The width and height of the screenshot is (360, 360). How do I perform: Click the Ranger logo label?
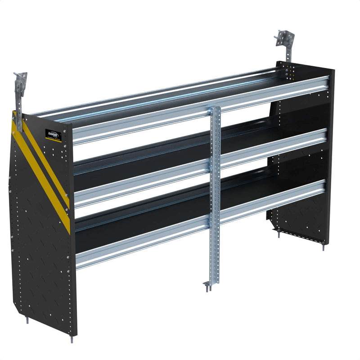point(53,135)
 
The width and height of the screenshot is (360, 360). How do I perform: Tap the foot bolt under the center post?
point(207,286)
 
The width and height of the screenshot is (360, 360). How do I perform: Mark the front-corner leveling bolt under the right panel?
point(323,245)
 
